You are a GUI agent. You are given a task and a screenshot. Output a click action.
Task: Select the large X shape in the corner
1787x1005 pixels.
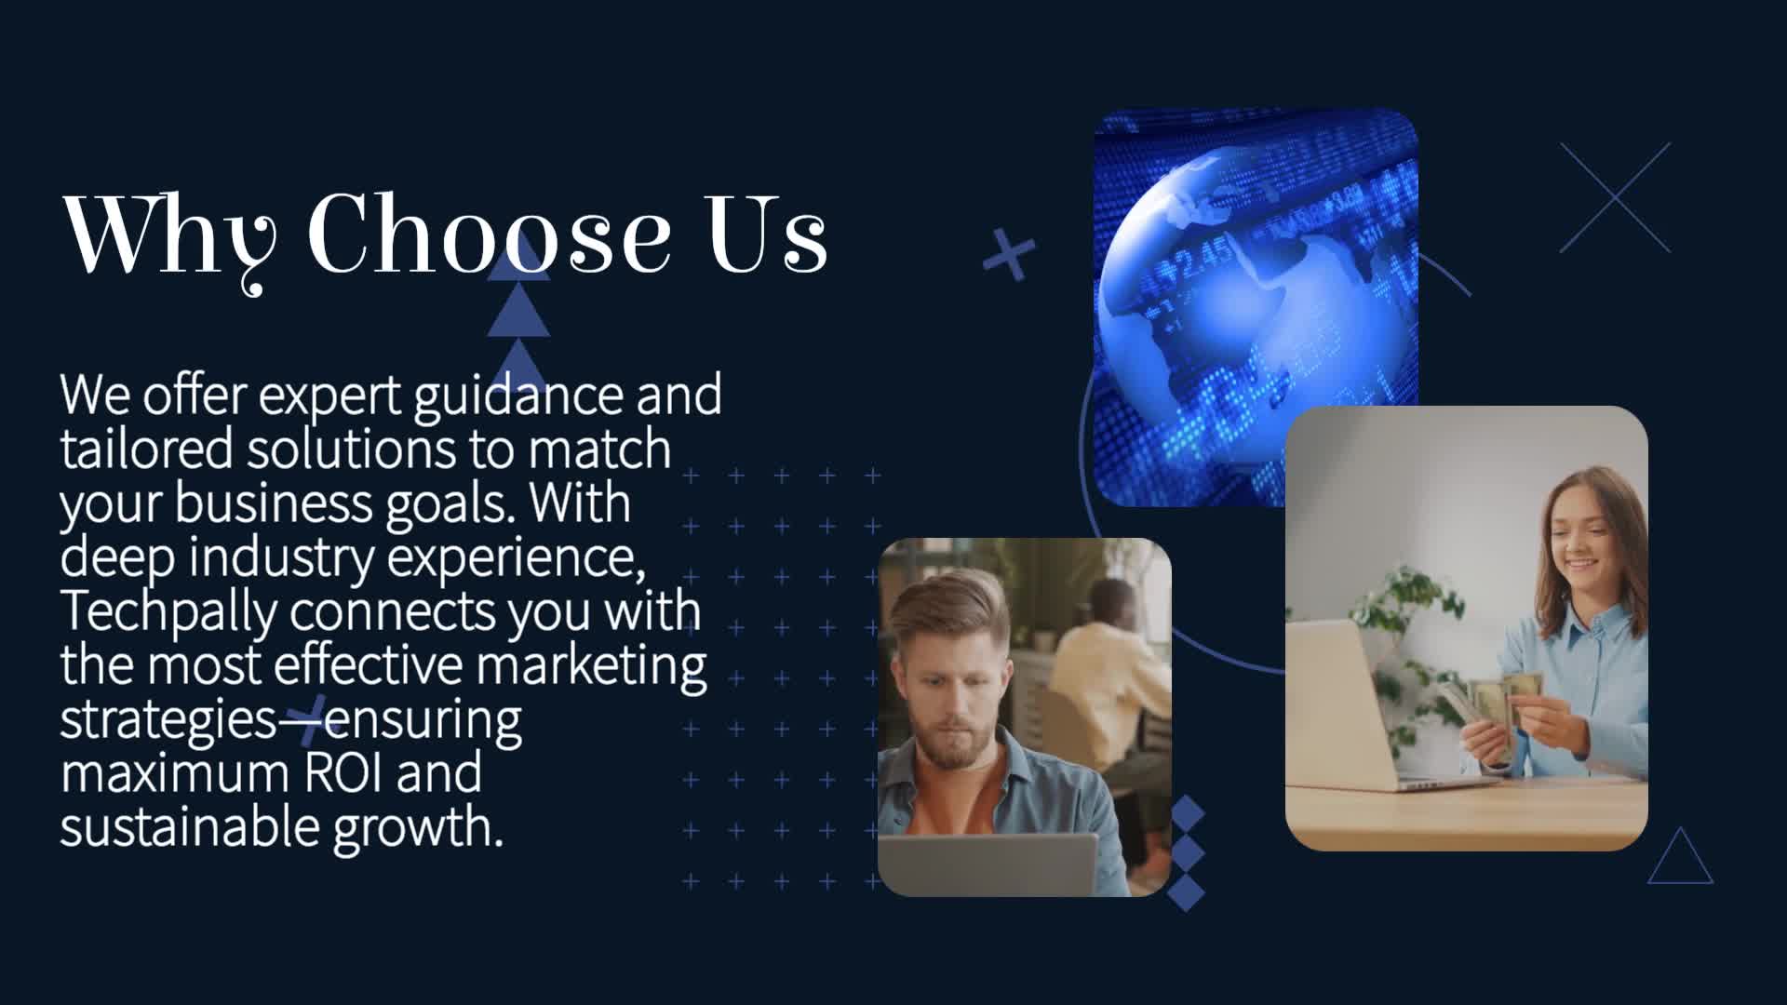tap(1616, 197)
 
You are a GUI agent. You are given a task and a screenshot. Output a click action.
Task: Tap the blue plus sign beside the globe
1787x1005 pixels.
tap(1009, 253)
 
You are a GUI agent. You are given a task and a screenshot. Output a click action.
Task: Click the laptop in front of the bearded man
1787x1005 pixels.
tap(988, 864)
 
